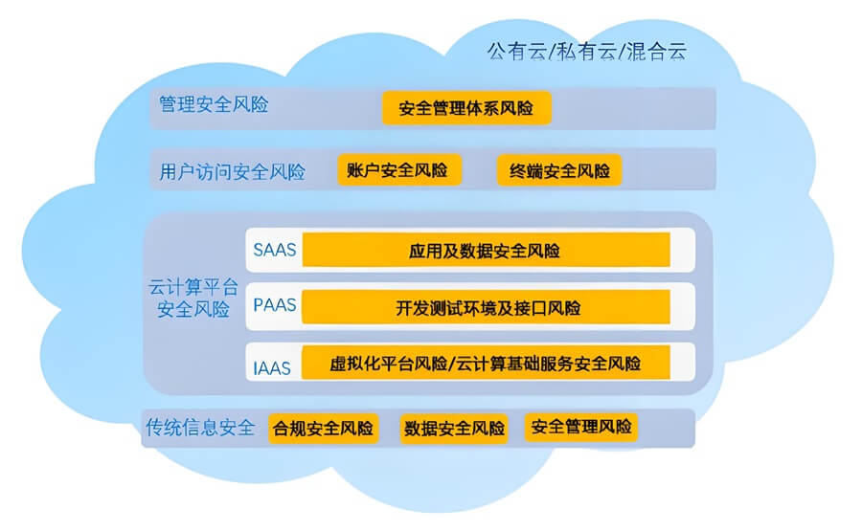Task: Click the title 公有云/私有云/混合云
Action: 587,51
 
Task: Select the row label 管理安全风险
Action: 214,104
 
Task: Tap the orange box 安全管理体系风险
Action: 466,108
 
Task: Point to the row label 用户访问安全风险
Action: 233,172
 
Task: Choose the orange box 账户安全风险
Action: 398,170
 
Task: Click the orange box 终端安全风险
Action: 559,171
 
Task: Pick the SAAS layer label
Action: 275,251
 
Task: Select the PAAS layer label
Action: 275,306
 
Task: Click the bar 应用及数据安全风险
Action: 486,251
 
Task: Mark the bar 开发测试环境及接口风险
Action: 486,307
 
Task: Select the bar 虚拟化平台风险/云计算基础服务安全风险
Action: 486,364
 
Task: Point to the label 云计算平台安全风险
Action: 190,298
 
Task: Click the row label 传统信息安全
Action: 200,427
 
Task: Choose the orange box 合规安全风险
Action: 323,428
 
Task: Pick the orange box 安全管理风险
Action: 580,427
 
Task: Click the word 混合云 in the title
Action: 656,51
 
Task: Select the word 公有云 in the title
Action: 517,51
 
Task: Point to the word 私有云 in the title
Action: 586,51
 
